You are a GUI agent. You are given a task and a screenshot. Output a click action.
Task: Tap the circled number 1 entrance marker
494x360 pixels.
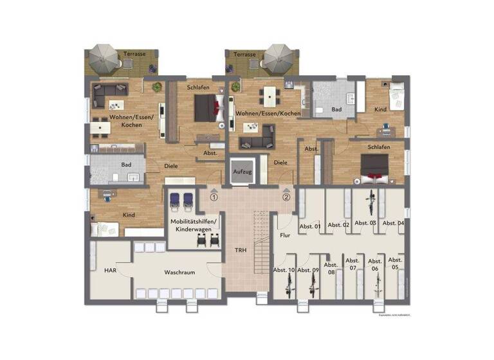(x=214, y=197)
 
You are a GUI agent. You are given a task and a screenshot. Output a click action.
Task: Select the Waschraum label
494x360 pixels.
(x=179, y=273)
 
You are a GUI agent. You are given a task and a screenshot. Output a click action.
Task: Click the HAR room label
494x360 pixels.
(x=110, y=271)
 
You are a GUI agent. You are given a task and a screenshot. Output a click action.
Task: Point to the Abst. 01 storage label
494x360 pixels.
(x=310, y=226)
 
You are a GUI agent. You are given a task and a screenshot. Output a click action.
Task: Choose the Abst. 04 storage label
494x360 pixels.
(x=393, y=223)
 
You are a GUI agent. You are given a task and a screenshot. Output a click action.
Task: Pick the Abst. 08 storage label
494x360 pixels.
(x=331, y=268)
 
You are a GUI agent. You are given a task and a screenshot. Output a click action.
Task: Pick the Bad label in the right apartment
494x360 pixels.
(x=336, y=110)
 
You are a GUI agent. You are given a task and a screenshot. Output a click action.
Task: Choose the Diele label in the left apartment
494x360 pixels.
(x=170, y=165)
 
